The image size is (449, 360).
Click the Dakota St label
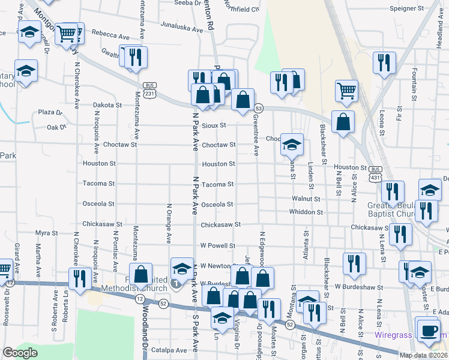pyautogui.click(x=107, y=104)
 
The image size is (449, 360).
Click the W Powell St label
pyautogui.click(x=217, y=245)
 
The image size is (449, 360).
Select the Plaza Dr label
pyautogui.click(x=50, y=112)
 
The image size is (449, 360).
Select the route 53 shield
pyautogui.click(x=259, y=108)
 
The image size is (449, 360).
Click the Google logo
pyautogui.click(x=20, y=353)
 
